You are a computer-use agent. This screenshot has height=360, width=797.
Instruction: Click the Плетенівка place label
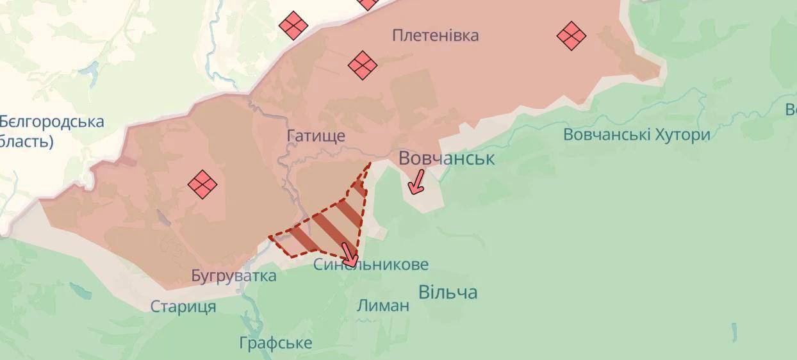(435, 35)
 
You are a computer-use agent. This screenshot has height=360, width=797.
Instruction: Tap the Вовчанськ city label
(447, 158)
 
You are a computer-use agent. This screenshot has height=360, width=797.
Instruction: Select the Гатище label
(316, 136)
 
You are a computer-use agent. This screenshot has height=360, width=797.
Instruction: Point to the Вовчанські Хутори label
(636, 135)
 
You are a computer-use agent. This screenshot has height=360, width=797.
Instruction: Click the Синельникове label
(371, 265)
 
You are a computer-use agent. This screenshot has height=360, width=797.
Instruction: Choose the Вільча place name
(448, 293)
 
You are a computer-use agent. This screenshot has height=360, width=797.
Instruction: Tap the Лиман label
(383, 306)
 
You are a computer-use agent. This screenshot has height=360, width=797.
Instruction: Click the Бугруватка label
(234, 276)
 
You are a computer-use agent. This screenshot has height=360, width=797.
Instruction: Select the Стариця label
(183, 307)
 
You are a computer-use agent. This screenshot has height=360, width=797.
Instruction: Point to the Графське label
(275, 343)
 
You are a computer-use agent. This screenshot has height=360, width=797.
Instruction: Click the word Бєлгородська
(52, 121)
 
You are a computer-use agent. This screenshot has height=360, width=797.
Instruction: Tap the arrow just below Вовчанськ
(417, 181)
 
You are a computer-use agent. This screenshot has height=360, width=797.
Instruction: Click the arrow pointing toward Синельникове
(349, 254)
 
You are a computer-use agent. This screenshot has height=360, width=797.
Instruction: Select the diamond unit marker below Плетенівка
(362, 65)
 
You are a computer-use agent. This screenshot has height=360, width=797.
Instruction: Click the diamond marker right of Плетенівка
(571, 35)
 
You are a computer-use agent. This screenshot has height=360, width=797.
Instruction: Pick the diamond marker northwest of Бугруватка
(202, 184)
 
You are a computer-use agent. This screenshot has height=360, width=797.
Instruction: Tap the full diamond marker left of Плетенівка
(293, 26)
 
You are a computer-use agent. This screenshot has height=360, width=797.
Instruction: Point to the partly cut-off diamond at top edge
(369, 3)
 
